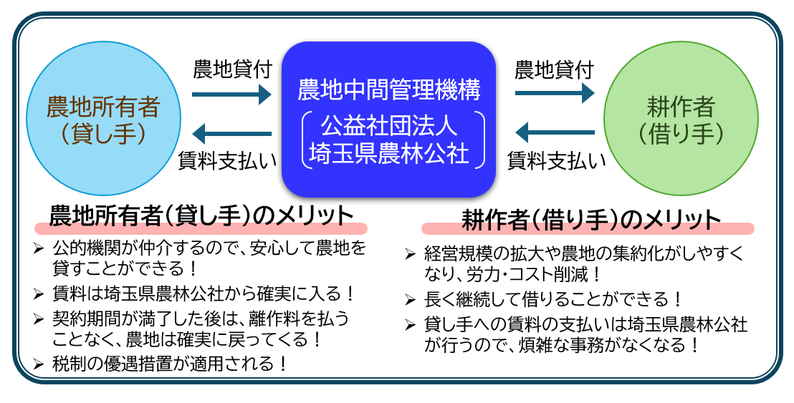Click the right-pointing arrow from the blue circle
click(x=232, y=93)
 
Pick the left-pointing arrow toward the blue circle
click(x=232, y=133)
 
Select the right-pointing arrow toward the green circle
click(x=555, y=93)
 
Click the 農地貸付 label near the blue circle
click(x=232, y=70)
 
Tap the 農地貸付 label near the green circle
click(x=555, y=70)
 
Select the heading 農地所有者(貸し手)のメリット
click(x=201, y=215)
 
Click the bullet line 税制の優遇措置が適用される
click(x=171, y=364)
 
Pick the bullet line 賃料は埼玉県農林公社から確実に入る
click(x=204, y=293)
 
